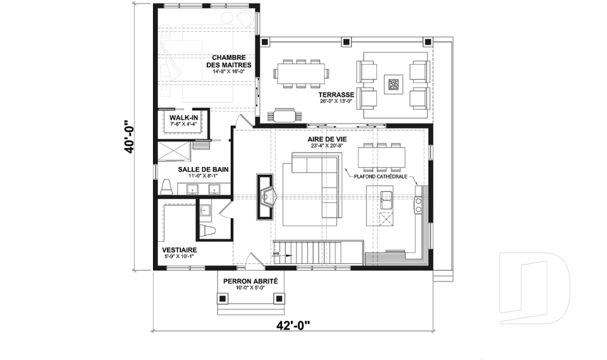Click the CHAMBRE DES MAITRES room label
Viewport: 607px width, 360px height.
pos(229,61)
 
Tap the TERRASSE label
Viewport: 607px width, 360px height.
pos(336,95)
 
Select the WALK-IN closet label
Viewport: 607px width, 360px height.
pos(184,118)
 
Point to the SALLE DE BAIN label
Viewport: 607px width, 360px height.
pos(203,170)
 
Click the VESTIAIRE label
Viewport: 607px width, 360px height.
pos(179,250)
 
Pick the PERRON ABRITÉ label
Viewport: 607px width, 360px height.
pos(250,282)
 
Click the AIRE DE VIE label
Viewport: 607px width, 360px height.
pos(327,139)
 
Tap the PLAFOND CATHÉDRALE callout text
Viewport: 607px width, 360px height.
pos(381,177)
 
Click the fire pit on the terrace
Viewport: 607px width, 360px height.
pos(394,84)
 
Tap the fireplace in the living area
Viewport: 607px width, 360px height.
pos(266,197)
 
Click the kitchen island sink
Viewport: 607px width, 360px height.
pos(386,201)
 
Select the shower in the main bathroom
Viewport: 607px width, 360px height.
pos(174,151)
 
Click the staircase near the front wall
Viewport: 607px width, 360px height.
pos(318,252)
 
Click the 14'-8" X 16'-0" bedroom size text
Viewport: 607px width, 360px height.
pos(229,71)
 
